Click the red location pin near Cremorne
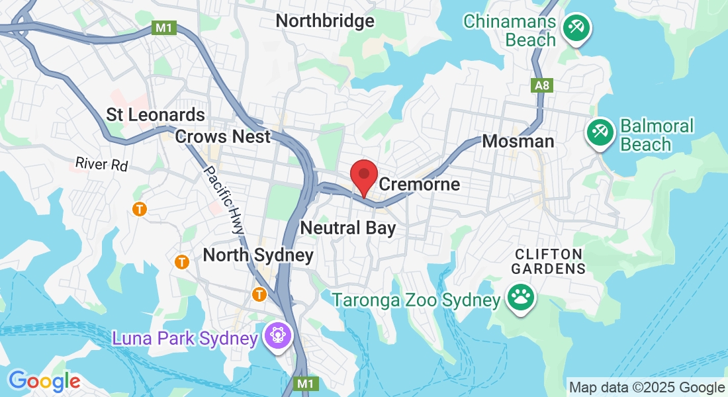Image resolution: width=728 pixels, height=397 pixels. [363, 175]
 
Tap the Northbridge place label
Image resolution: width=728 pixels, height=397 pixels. [324, 21]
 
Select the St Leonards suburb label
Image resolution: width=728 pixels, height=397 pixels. [156, 115]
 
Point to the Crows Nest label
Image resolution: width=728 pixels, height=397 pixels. [223, 137]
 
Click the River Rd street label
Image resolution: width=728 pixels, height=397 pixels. [101, 163]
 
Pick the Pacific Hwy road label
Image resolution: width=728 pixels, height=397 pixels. [223, 198]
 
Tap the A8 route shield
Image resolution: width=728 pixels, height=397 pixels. [541, 85]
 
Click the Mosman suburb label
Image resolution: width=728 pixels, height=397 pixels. [518, 141]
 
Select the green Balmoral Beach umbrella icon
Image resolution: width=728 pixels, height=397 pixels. [600, 132]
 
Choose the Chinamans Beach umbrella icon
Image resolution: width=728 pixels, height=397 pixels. [576, 28]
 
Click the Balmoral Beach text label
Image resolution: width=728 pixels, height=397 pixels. [657, 135]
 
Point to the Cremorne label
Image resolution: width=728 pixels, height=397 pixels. [419, 184]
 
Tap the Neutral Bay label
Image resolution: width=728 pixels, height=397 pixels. [347, 229]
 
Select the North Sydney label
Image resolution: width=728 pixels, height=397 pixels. [258, 255]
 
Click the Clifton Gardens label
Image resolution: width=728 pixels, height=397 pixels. [549, 261]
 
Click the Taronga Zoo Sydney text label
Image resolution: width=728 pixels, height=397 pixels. [416, 300]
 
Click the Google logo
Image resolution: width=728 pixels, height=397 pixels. [44, 381]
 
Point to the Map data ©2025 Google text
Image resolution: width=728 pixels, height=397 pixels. [647, 388]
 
